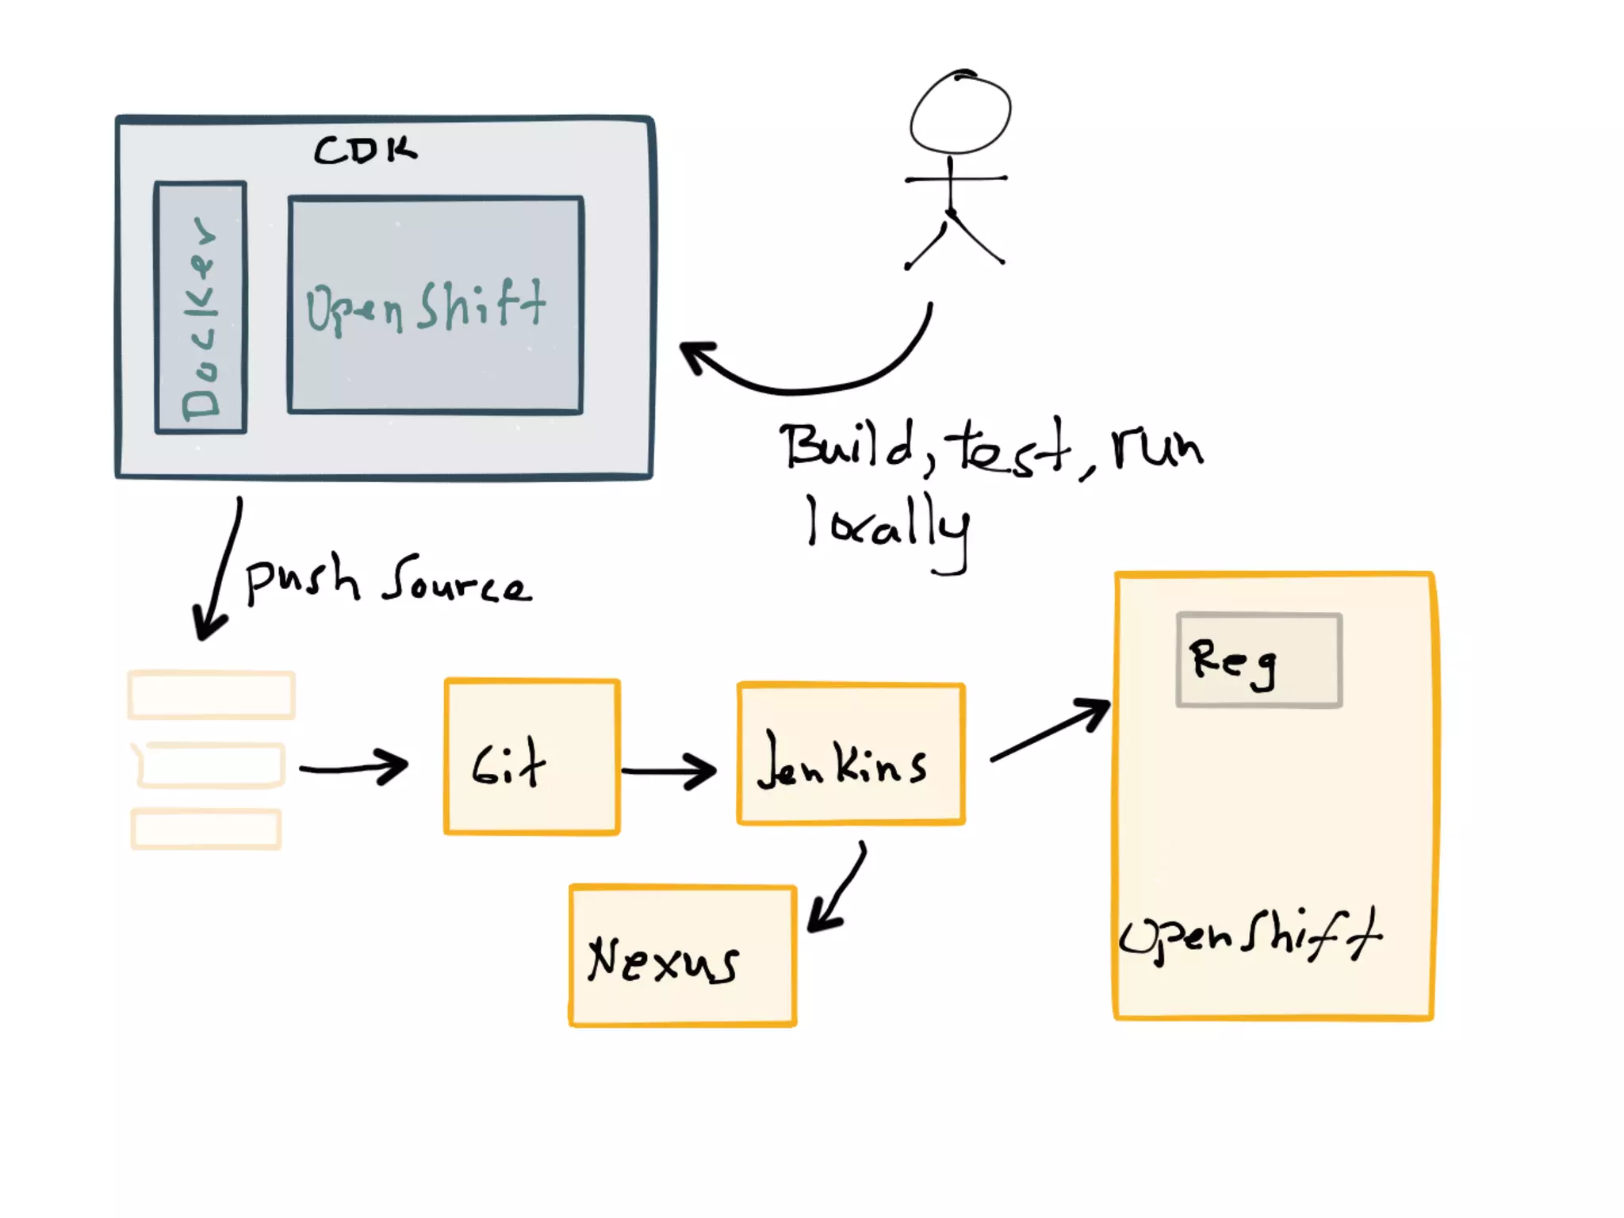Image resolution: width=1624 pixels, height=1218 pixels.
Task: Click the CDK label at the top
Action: pos(365,149)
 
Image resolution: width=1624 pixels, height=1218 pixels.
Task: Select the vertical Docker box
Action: pos(201,308)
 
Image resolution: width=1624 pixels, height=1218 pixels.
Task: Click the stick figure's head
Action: pos(960,113)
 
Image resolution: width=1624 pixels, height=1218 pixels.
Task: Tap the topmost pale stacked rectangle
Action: pos(212,695)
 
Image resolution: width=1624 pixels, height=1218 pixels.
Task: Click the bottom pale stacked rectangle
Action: pos(206,829)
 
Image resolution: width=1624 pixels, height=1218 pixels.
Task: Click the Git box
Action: pos(531,757)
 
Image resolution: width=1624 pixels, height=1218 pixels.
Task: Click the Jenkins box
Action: pos(851,754)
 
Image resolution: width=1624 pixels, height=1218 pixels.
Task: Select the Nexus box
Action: pos(683,956)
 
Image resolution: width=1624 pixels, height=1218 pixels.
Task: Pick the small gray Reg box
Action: pos(1259,660)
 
